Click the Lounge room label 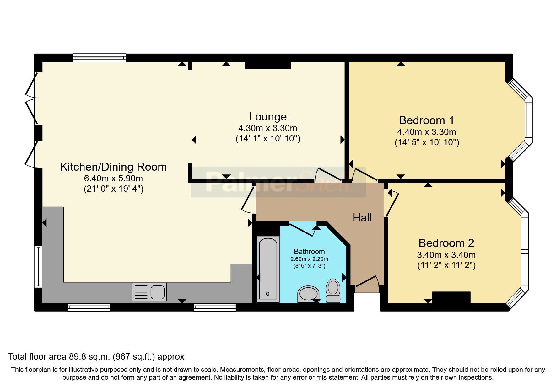click(x=267, y=117)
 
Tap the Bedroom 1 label click(x=426, y=120)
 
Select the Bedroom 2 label click(x=446, y=243)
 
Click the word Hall click(x=362, y=218)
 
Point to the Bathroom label click(x=309, y=252)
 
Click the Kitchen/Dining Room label click(x=113, y=167)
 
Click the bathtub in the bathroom click(x=267, y=269)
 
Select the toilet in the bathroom click(x=333, y=290)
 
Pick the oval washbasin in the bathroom click(x=308, y=294)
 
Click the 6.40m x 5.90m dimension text click(x=113, y=179)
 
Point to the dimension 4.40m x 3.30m click(x=426, y=132)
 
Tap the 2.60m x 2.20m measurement click(x=309, y=259)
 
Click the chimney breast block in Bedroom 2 click(x=451, y=297)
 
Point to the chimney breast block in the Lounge click(x=268, y=65)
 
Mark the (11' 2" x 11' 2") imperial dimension click(x=446, y=265)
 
